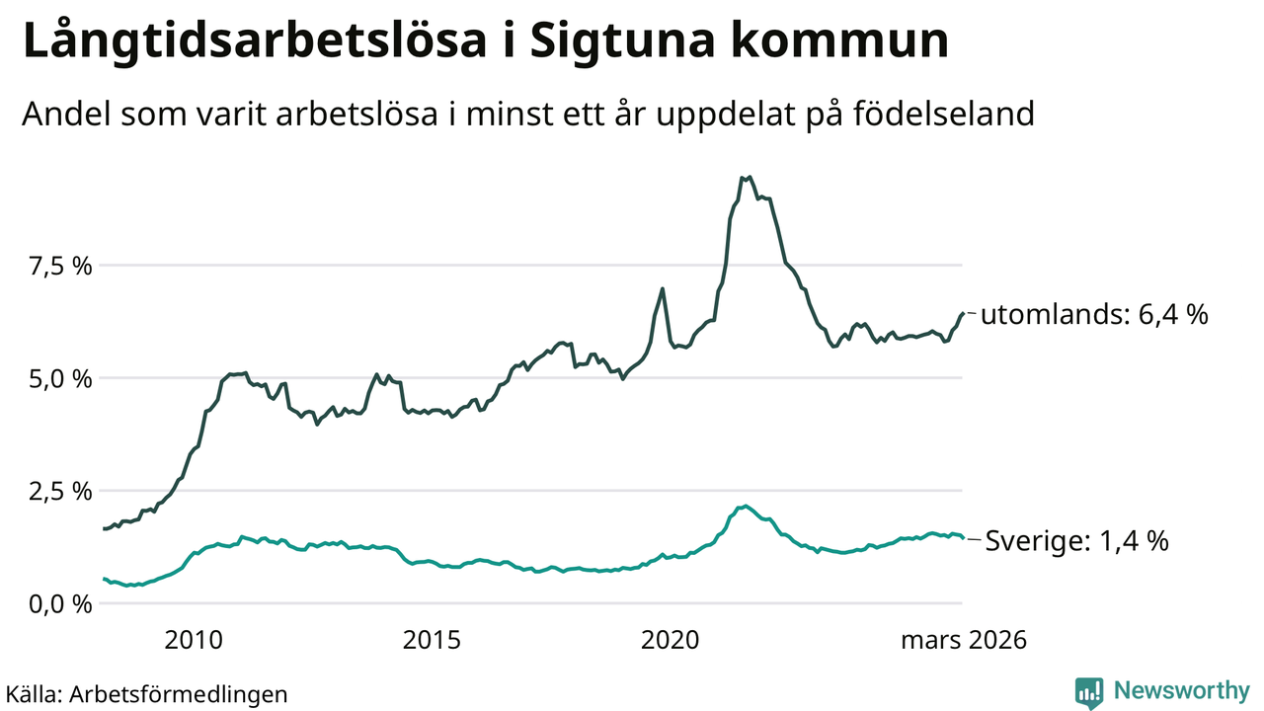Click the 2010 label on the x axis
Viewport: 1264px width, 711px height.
coord(193,640)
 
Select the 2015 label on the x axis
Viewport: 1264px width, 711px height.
coord(432,640)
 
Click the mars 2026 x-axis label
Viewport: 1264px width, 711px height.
coord(963,640)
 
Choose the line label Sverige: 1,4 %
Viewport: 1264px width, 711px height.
coord(1077,541)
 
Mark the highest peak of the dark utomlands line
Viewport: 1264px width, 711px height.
coord(750,178)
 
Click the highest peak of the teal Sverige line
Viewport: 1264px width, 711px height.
coord(747,506)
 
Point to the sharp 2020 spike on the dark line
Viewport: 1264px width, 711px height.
coord(662,288)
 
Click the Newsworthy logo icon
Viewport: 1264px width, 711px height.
coord(1089,692)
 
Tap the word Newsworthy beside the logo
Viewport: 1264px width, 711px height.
coord(1180,690)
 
